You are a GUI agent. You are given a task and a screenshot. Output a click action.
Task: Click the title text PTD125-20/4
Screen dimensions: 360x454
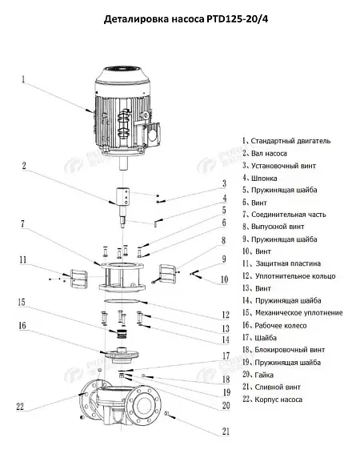pyautogui.click(x=237, y=19)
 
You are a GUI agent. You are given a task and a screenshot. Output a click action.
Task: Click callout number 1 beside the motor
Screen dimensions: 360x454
pyautogui.click(x=23, y=79)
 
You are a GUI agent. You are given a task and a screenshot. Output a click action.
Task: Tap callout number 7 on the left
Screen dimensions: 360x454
pyautogui.click(x=23, y=224)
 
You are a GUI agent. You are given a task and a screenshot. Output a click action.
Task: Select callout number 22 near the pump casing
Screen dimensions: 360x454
pyautogui.click(x=20, y=407)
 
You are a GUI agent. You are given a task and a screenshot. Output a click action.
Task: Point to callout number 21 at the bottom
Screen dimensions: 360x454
pyautogui.click(x=226, y=431)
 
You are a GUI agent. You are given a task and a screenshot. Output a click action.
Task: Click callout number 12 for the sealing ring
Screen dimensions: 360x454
pyautogui.click(x=226, y=315)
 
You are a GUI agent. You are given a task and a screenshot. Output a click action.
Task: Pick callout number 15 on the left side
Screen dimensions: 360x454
pyautogui.click(x=22, y=303)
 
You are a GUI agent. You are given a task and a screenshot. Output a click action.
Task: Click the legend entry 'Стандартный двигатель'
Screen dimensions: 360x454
pyautogui.click(x=290, y=141)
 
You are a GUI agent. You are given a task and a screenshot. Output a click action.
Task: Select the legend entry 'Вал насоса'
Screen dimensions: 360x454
pyautogui.click(x=269, y=154)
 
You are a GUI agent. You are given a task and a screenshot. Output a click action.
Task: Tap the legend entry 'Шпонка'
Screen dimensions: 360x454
pyautogui.click(x=264, y=179)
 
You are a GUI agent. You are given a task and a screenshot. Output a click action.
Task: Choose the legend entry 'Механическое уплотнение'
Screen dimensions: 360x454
pyautogui.click(x=299, y=313)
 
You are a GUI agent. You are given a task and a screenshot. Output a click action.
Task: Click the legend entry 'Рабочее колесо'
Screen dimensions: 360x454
pyautogui.click(x=281, y=325)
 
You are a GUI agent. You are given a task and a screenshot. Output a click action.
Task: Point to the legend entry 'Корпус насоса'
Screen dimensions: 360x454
pyautogui.click(x=278, y=400)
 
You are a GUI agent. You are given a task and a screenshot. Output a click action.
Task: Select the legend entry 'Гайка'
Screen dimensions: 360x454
pyautogui.click(x=264, y=375)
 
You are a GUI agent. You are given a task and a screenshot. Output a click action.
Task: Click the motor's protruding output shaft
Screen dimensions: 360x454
pyautogui.click(x=123, y=163)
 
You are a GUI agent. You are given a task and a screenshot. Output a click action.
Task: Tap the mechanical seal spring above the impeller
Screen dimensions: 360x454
pyautogui.click(x=122, y=333)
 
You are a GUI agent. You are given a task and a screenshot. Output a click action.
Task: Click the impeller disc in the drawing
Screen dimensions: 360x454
pyautogui.click(x=122, y=355)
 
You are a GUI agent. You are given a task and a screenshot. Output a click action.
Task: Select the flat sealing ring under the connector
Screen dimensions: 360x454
pyautogui.click(x=122, y=301)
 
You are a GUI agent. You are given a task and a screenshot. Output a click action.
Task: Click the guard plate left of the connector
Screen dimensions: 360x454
pyautogui.click(x=78, y=278)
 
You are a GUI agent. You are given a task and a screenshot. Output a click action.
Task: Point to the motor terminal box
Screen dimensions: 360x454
pyautogui.click(x=150, y=133)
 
